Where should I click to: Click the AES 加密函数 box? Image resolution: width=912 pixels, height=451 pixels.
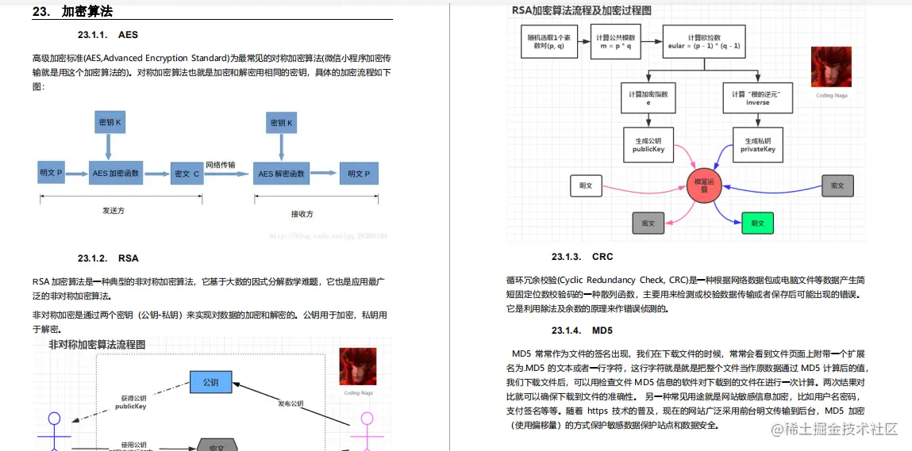click(115, 173)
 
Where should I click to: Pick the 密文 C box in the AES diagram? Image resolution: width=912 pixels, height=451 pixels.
click(187, 173)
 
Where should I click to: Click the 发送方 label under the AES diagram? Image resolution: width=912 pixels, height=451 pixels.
click(114, 211)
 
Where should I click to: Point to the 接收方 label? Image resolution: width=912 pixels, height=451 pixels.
click(302, 213)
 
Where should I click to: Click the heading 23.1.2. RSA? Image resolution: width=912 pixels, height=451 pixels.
click(108, 258)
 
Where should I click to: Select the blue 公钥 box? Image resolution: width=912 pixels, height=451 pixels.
click(210, 383)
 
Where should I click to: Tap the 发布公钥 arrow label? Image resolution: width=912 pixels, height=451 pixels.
click(290, 403)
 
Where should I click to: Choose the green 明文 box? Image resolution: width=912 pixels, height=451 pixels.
click(756, 224)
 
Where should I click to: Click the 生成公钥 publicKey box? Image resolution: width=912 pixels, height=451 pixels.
click(648, 143)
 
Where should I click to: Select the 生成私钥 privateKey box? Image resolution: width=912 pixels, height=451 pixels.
click(757, 143)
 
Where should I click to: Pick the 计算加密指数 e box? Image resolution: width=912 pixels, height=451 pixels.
click(648, 98)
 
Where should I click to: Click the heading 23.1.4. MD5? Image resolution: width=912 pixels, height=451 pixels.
click(582, 330)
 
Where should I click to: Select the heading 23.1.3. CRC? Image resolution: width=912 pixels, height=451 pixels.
click(583, 257)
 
